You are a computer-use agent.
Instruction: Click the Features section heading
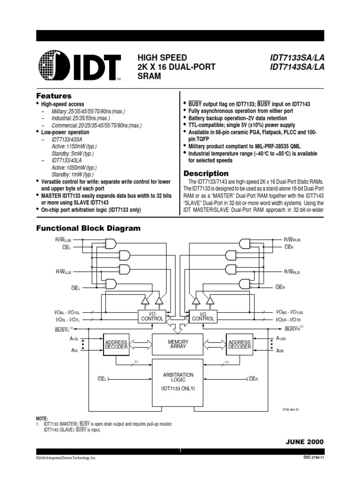point(54,96)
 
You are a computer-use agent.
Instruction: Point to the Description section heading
point(206,173)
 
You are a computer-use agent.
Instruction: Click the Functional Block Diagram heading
point(89,228)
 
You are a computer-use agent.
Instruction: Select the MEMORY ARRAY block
point(177,345)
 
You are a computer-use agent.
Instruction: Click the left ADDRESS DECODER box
point(116,345)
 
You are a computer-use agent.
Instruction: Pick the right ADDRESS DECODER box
point(240,345)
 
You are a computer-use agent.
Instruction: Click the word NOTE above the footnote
point(43,418)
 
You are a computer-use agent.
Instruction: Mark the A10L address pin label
point(74,338)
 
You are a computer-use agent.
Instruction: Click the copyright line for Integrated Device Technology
point(66,457)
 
